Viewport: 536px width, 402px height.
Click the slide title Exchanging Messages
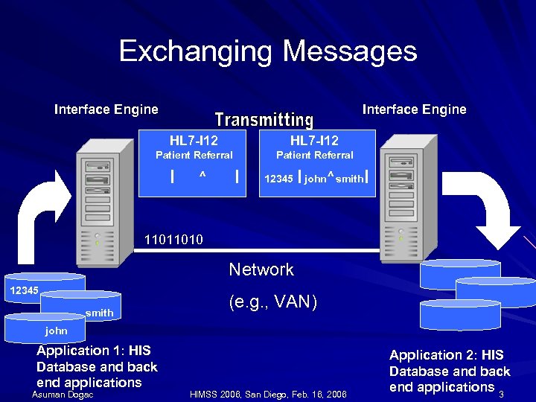click(x=267, y=51)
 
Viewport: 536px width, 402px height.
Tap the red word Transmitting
click(x=264, y=119)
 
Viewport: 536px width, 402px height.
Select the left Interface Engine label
click(x=106, y=109)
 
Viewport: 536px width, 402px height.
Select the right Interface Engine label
click(x=414, y=109)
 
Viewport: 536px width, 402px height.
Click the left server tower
click(x=98, y=205)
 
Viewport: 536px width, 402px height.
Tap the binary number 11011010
click(x=172, y=240)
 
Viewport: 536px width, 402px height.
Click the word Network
click(x=261, y=269)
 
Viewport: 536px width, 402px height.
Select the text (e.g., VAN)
click(x=272, y=301)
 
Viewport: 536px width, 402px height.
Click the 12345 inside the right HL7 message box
click(x=278, y=179)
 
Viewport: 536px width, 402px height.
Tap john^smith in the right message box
click(x=334, y=179)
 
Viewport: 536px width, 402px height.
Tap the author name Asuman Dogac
click(x=63, y=395)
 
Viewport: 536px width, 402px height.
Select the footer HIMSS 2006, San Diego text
click(x=268, y=395)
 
